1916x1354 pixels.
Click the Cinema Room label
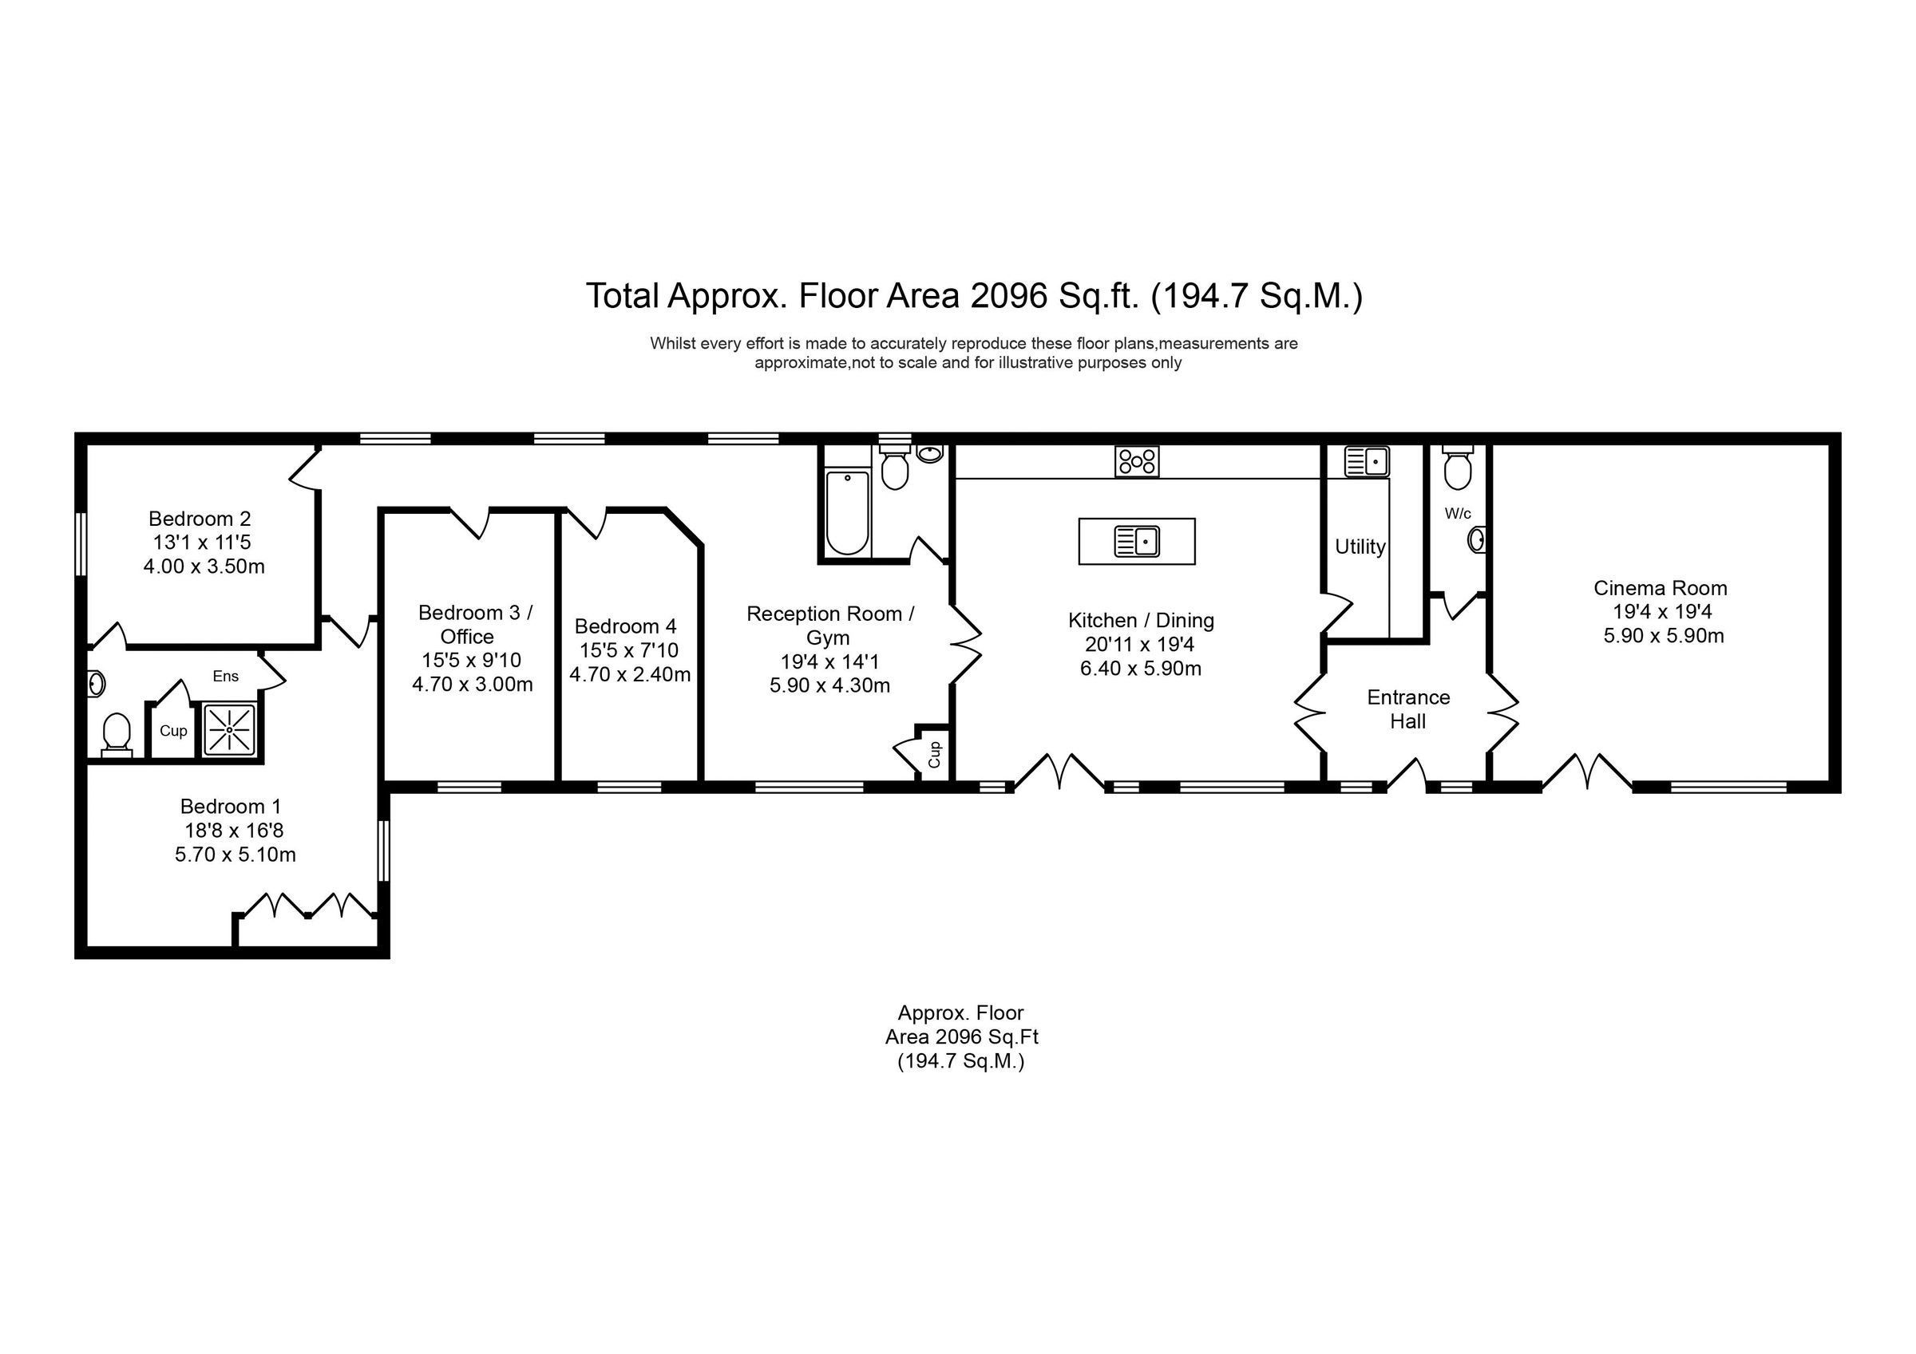1660,588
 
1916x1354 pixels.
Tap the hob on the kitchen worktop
1137,461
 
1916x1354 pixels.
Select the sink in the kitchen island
1137,542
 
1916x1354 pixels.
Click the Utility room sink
1366,461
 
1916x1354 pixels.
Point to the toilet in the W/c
1458,471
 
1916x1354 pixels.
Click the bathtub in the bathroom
847,511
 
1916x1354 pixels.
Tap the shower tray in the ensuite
228,730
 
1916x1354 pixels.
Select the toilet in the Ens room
117,734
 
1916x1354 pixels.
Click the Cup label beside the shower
173,731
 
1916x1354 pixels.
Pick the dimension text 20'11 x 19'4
1140,645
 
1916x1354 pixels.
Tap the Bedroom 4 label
625,626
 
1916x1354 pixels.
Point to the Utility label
1360,547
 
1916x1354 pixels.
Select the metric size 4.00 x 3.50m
204,567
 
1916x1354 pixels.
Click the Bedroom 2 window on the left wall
81,543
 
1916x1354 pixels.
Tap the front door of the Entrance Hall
1407,776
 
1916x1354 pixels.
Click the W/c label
1458,514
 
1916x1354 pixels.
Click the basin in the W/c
1477,539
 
